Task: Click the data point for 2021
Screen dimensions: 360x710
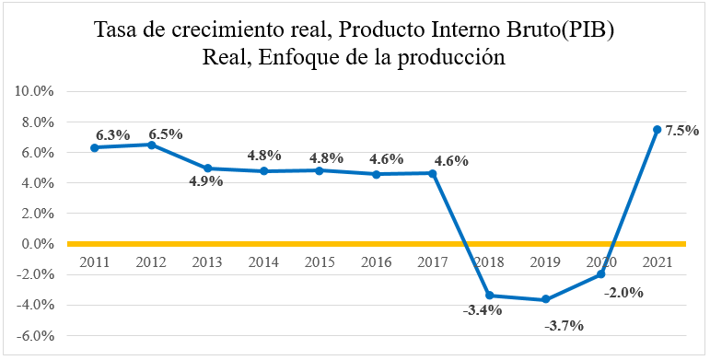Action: (x=657, y=130)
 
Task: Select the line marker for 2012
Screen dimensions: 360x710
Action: (x=151, y=145)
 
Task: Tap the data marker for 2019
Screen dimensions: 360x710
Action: (x=545, y=299)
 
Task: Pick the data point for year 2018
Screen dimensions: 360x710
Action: (x=489, y=296)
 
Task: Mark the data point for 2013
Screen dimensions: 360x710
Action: (x=207, y=168)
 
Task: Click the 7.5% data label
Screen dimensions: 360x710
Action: (x=682, y=131)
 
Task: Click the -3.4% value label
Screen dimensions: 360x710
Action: (x=482, y=310)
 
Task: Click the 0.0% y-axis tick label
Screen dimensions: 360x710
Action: (x=36, y=244)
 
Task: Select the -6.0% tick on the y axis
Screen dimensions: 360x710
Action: (x=34, y=335)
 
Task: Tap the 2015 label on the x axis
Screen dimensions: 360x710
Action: (x=320, y=262)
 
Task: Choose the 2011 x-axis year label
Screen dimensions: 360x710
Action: (x=95, y=262)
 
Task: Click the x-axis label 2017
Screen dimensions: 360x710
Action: (x=433, y=262)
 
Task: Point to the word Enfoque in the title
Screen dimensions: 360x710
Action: (x=298, y=57)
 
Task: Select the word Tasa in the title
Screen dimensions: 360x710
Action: (x=118, y=30)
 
